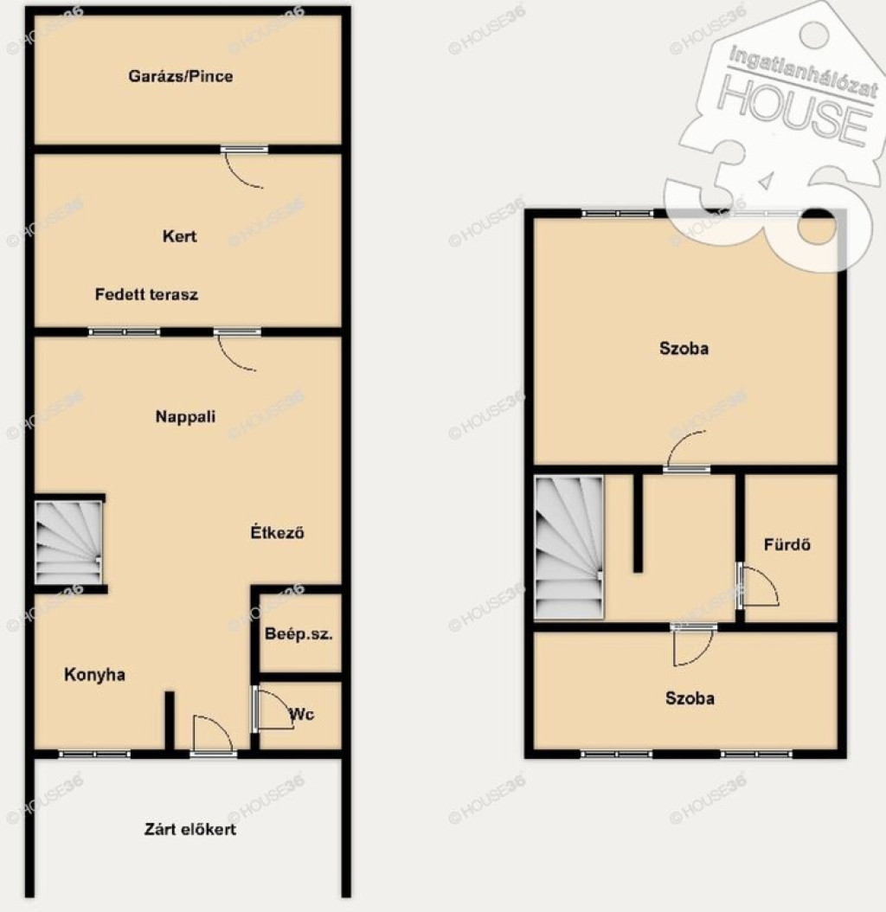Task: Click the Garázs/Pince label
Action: point(180,76)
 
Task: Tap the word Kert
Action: point(179,236)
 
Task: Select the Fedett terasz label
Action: point(146,294)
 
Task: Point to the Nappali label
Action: point(185,416)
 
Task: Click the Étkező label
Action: point(278,532)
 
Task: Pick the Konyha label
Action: point(94,674)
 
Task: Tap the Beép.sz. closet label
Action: point(299,633)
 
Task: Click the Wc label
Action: point(302,714)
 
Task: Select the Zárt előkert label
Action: point(190,829)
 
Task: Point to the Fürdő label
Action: point(787,544)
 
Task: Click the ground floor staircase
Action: point(68,543)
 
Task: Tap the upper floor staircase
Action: point(569,548)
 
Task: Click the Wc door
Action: point(272,710)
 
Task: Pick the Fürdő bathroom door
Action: point(757,587)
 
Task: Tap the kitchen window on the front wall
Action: point(94,755)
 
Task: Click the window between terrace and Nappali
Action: point(124,332)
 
